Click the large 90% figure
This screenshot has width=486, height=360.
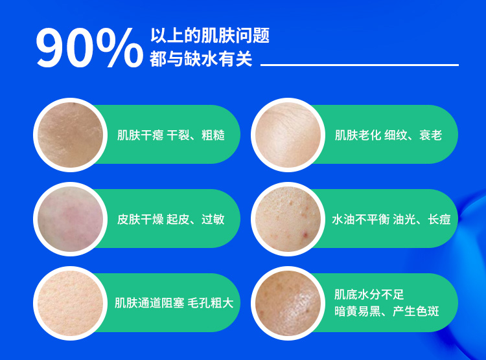point(89,47)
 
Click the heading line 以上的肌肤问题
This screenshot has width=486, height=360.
point(210,36)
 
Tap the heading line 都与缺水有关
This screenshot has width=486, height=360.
point(201,59)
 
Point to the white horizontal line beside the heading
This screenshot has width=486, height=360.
point(360,65)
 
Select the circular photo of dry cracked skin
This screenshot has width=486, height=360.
point(71,135)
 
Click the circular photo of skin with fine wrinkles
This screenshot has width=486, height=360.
point(288,135)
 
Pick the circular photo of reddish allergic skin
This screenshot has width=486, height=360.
point(71,219)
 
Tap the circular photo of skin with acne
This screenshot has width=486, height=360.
point(288,219)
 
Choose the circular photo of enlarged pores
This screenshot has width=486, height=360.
point(71,303)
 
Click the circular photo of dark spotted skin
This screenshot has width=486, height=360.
point(288,303)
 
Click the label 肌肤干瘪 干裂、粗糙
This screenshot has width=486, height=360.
point(171,135)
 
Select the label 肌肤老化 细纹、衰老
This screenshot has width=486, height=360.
point(388,135)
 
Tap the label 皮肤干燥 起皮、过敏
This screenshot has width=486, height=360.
point(171,219)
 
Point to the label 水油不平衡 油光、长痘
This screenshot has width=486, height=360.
point(391,219)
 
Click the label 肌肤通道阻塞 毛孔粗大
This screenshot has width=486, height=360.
point(174,302)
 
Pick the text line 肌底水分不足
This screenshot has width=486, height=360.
point(369,295)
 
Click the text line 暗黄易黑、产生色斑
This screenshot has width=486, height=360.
point(386,311)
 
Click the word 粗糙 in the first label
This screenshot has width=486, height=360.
point(213,135)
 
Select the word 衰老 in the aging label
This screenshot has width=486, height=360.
point(431,135)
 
